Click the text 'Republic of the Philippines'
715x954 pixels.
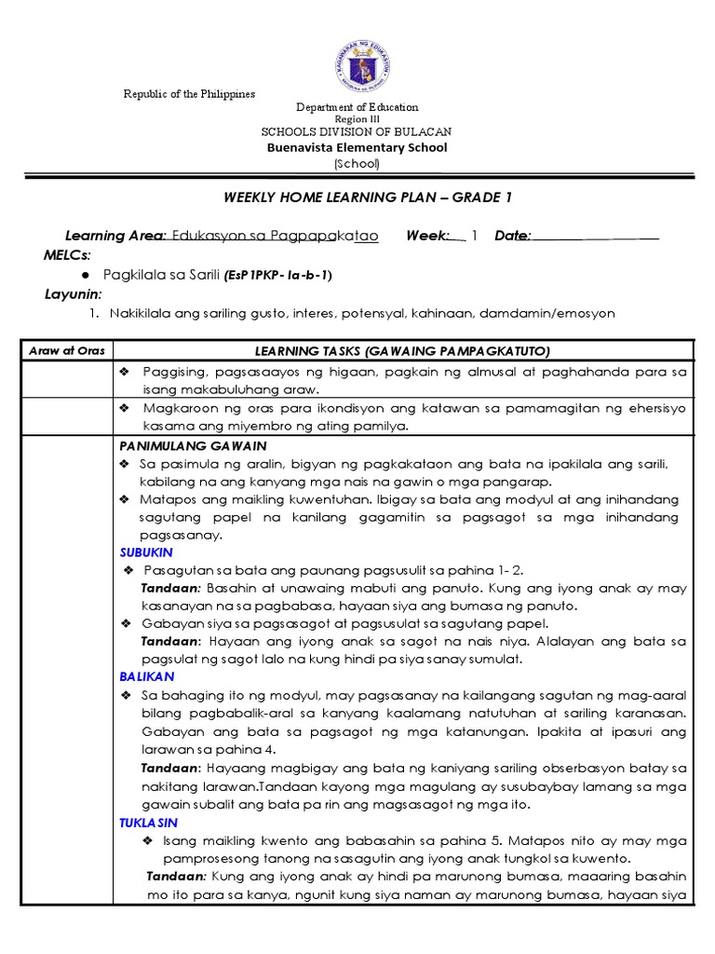click(x=190, y=95)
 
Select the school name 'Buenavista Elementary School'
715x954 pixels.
click(x=357, y=147)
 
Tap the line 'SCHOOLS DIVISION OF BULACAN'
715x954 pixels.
click(x=357, y=132)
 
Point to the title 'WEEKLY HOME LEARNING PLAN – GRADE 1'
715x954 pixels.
click(x=368, y=197)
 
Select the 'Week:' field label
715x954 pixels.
click(x=428, y=237)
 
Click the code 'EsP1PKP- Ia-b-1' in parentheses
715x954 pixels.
click(x=277, y=276)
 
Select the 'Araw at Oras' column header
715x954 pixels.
click(x=67, y=350)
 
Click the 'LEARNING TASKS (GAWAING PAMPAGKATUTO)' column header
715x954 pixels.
click(x=403, y=350)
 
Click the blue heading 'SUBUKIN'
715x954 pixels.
click(x=146, y=552)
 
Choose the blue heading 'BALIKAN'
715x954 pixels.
click(x=147, y=675)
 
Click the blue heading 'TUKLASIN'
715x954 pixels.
click(x=148, y=823)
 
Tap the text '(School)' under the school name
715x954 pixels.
click(x=357, y=164)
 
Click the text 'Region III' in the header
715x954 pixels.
click(x=357, y=119)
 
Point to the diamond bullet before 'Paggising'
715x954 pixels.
click(x=125, y=372)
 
